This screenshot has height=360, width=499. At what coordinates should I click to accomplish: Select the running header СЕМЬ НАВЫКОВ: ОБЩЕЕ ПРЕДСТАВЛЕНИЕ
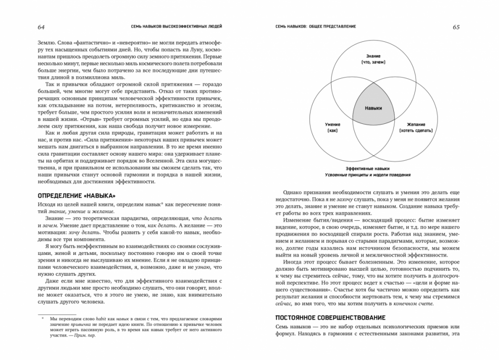click(315, 27)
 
